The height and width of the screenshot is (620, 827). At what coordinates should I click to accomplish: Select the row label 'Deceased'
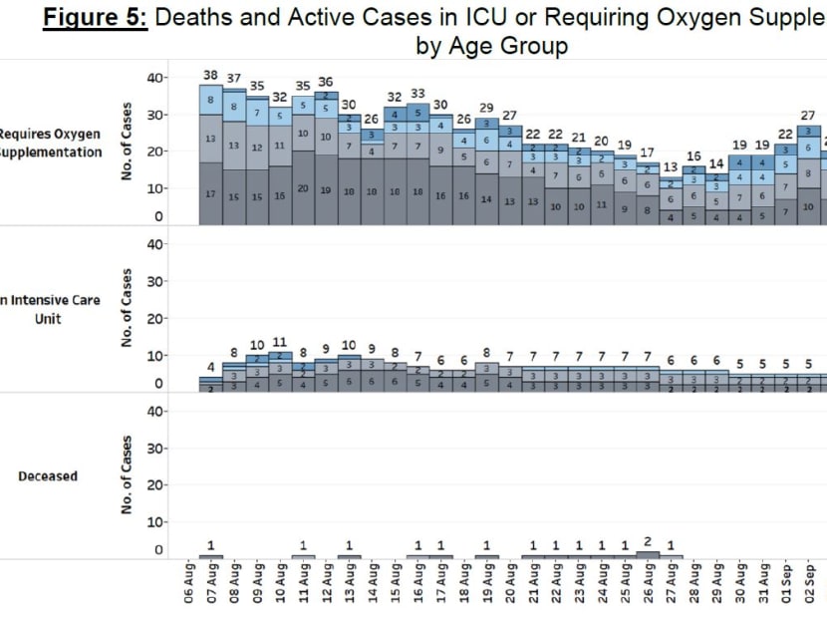(48, 476)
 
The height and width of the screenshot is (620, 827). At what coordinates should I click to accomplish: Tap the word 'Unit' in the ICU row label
(49, 319)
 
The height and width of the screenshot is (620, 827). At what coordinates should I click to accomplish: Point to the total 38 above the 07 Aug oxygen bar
(210, 75)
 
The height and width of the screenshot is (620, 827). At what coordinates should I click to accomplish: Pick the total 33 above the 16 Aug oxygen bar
(417, 93)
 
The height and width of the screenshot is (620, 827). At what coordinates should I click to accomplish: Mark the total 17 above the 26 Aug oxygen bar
(648, 153)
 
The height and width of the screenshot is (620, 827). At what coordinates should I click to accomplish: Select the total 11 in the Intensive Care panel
(280, 343)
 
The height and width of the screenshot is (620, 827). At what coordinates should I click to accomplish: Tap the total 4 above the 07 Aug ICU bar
(210, 368)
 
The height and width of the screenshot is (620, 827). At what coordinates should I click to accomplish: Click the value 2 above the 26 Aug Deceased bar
(648, 541)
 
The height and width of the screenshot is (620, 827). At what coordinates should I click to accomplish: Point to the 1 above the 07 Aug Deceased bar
(210, 545)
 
